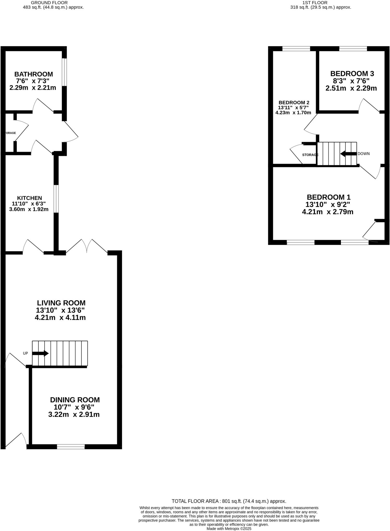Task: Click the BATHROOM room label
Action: coord(33,74)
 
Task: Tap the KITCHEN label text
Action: coord(29,198)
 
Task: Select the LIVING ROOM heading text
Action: coord(61,303)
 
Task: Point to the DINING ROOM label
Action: coord(75,400)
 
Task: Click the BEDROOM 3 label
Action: coord(352,73)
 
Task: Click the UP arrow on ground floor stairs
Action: coord(40,353)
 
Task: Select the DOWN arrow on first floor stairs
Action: coord(348,154)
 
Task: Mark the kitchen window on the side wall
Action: coord(56,199)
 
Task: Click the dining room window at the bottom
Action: coord(71,446)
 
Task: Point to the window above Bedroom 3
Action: coord(353,48)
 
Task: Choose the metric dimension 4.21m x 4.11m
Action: coord(60,317)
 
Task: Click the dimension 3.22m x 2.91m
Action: coord(74,414)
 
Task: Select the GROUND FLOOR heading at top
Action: coord(49,3)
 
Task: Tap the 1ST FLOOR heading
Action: coord(315,3)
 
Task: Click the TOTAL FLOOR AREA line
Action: coord(229,501)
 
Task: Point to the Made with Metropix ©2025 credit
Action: coord(229,528)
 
